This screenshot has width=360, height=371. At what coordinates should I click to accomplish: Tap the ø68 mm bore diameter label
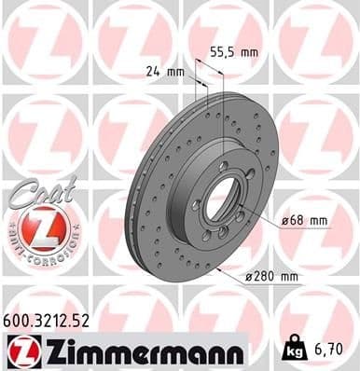coord(304,220)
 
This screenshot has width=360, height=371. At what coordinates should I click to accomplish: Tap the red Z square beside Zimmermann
coord(19,350)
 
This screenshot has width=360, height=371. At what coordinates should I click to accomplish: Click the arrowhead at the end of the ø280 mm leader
coord(217,268)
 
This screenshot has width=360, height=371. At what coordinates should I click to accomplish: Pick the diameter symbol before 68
coord(285,220)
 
